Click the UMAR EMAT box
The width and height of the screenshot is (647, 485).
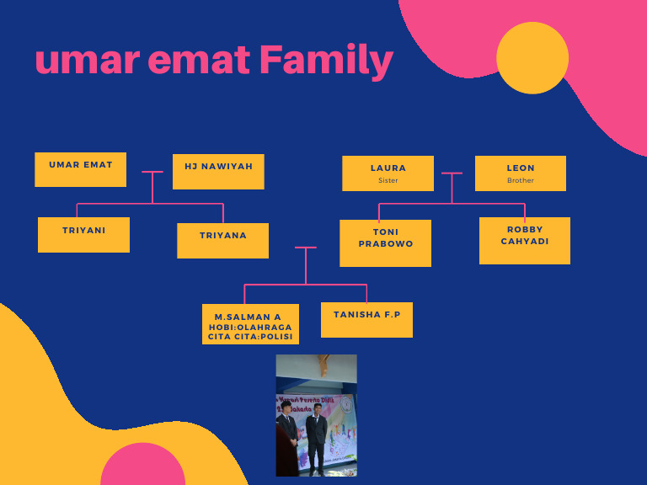point(80,169)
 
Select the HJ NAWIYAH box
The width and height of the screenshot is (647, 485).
point(218,171)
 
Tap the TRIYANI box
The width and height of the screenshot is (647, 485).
point(83,234)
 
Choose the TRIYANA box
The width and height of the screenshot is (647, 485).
point(222,240)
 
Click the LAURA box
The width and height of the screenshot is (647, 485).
point(388,173)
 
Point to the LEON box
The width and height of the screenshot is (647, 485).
point(520,173)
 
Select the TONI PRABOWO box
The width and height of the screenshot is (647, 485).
point(385,242)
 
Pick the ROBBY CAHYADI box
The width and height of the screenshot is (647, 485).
point(524,240)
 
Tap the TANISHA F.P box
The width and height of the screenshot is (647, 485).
point(366,319)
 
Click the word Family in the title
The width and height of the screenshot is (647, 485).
point(326,60)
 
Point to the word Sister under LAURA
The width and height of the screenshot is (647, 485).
point(388,180)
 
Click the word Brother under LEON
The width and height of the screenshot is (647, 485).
point(520,180)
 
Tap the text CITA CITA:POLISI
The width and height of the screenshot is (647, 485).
point(250,337)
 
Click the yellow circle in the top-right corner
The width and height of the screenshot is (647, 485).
point(532,58)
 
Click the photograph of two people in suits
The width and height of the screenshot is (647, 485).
point(316,415)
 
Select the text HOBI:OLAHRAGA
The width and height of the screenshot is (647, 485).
point(250,327)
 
